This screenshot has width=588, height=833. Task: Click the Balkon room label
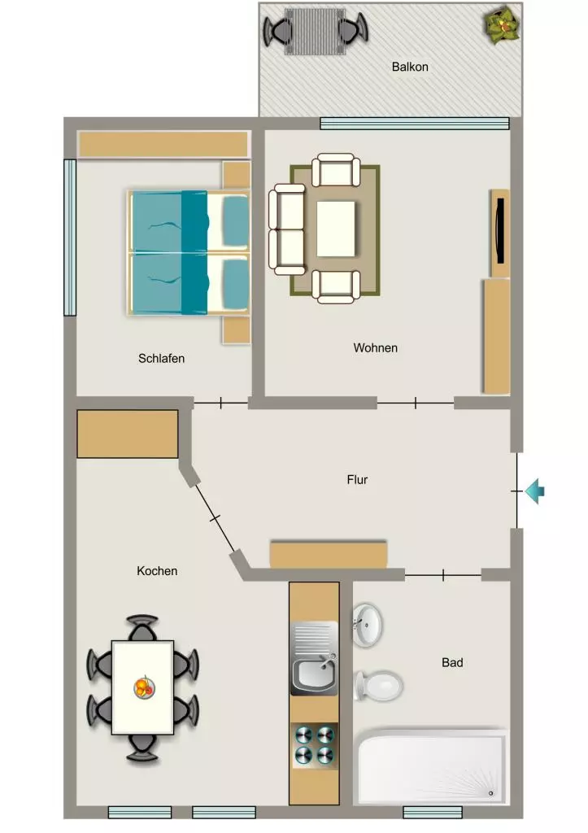[x=410, y=67]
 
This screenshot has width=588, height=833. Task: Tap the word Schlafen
[x=162, y=359]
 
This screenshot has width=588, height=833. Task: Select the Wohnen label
[x=376, y=348]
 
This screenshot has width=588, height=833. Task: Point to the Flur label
[x=357, y=480]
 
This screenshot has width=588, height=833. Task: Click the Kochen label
[x=157, y=571]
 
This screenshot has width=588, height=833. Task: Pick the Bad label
[x=452, y=662]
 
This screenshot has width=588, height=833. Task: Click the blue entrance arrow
[x=535, y=491]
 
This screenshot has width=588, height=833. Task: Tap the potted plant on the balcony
[x=500, y=24]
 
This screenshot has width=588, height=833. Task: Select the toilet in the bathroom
[x=378, y=685]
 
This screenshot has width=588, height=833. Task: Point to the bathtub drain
[x=490, y=793]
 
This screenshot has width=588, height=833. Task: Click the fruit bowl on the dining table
[x=144, y=687]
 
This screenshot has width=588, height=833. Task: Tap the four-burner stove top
[x=315, y=745]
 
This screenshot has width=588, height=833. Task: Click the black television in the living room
[x=499, y=230]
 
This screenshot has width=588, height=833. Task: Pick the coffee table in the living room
[x=336, y=229]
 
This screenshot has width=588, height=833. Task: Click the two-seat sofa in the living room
[x=287, y=229]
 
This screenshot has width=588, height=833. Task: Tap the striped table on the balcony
[x=315, y=32]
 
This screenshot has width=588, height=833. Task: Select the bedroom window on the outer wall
[x=70, y=238]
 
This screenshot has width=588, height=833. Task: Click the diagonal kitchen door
[x=215, y=518]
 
